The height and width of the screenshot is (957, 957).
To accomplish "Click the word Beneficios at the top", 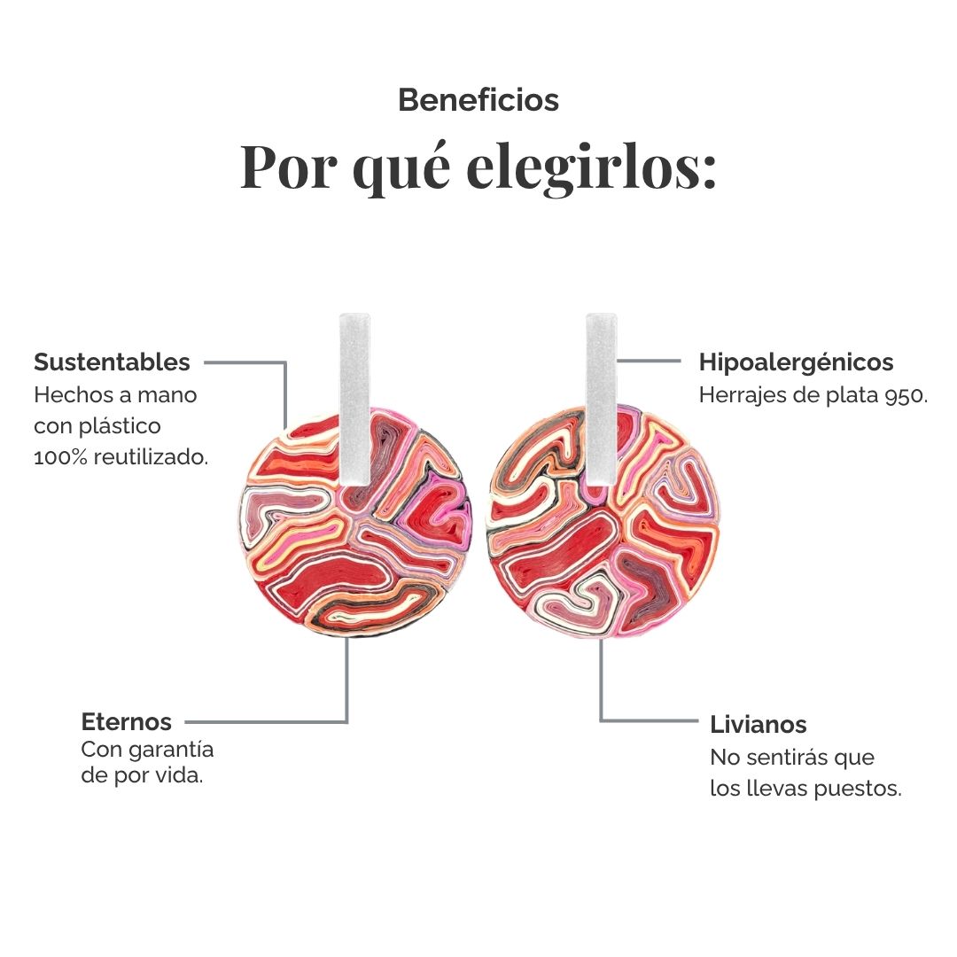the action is point(478,100).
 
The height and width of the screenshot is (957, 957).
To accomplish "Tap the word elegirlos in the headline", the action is point(591,167).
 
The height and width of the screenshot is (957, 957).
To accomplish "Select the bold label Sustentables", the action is point(113,362).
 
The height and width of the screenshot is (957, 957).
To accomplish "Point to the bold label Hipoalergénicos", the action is point(796,362).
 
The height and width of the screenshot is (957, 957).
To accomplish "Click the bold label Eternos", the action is point(127,722).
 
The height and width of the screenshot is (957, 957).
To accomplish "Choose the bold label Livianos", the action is point(758,725).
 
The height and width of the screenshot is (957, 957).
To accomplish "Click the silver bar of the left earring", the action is point(354,399).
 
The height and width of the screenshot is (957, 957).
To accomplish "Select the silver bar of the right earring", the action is point(601,399).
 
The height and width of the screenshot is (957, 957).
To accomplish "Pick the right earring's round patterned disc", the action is point(603,522).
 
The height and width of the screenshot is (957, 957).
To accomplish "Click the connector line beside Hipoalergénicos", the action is point(649,361).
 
